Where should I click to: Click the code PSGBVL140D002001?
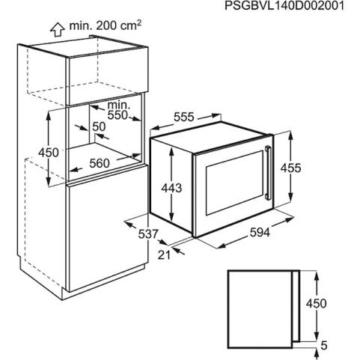284,6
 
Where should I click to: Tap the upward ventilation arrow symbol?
58,30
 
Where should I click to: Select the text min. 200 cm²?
106,25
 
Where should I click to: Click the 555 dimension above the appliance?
183,117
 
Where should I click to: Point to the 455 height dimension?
291,168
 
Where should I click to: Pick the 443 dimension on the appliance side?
171,188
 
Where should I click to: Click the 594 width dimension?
260,233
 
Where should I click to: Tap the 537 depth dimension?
148,234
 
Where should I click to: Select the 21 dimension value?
164,254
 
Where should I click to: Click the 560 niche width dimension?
100,163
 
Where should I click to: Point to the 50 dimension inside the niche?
99,126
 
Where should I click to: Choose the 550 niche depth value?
118,115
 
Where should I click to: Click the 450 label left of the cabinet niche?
49,152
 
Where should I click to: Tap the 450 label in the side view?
317,303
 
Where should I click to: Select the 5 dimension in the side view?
324,346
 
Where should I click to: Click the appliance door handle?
268,173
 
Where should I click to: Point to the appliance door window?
234,183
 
